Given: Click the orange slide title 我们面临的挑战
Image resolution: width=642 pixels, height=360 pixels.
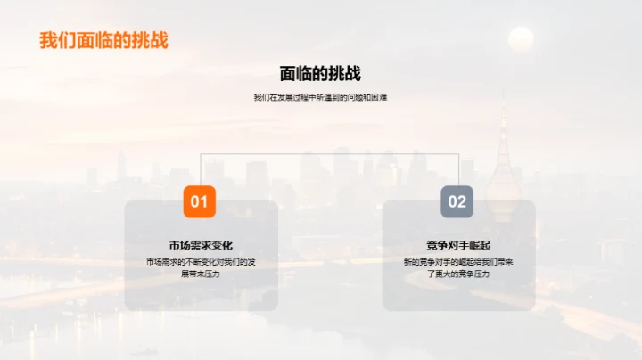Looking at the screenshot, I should [x=103, y=41].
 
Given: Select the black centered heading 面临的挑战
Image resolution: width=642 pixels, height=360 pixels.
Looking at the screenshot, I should [x=320, y=74].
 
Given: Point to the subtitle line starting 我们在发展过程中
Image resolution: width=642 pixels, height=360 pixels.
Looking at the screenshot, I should [x=320, y=97].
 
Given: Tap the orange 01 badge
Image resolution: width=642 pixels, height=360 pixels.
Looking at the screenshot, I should [x=200, y=201].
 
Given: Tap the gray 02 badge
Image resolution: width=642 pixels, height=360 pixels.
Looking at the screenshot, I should [x=457, y=201].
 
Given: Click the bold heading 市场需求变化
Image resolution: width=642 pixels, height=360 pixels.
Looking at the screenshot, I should [x=201, y=245].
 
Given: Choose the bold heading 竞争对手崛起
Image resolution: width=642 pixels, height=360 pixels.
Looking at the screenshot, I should [x=458, y=245].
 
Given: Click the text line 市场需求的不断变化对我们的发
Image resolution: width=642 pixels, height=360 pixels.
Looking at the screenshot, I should [x=201, y=262].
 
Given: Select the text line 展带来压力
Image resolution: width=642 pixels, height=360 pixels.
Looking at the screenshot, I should [x=201, y=274].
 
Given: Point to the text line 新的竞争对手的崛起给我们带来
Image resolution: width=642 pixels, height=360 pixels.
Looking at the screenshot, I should [x=458, y=262].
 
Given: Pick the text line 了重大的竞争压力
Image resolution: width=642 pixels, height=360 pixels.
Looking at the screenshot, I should [x=458, y=274].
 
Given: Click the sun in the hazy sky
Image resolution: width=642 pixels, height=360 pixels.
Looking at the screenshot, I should [x=521, y=38].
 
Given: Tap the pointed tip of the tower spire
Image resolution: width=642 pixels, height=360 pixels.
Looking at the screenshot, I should [x=503, y=93].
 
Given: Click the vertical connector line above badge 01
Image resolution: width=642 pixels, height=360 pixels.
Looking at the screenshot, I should [x=200, y=168].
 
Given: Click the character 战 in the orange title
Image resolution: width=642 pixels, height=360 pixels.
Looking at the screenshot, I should [x=159, y=41].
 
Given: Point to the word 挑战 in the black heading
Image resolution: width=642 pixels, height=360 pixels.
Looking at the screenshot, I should [x=341, y=74].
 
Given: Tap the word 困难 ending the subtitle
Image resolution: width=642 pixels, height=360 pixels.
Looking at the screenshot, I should [x=380, y=97].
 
